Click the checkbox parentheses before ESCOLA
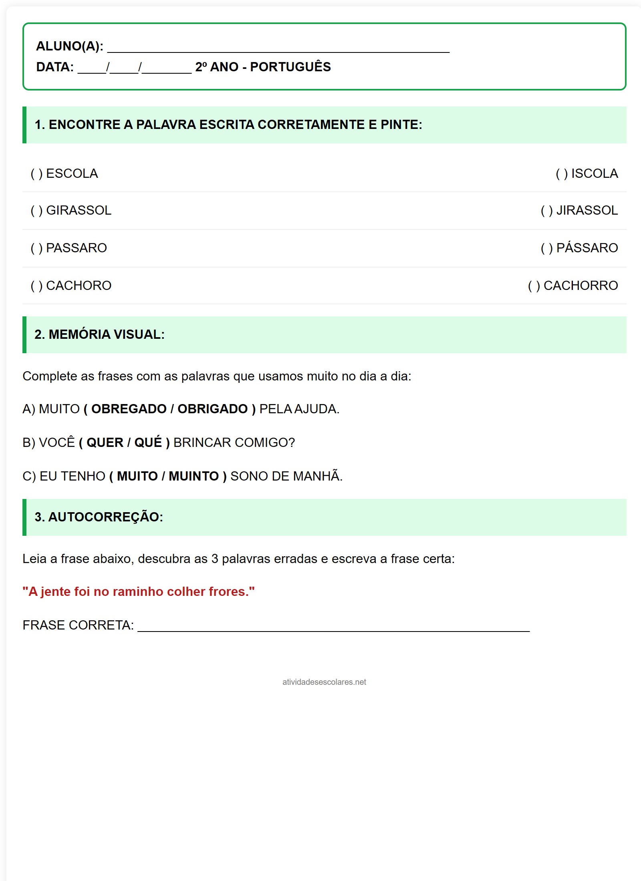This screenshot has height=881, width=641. [x=36, y=174]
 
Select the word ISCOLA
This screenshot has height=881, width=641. [x=595, y=174]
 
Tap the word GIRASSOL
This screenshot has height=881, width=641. [x=79, y=211]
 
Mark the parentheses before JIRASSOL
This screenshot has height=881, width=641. [x=547, y=211]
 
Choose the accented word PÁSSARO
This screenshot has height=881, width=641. [x=587, y=248]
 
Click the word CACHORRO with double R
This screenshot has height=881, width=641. [x=581, y=286]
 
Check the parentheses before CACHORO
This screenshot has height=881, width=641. [x=36, y=286]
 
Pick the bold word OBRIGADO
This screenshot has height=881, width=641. [x=213, y=409]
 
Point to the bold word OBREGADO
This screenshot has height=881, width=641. [x=129, y=409]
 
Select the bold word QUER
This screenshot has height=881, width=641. [x=105, y=443]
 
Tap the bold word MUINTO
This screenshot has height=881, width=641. [x=194, y=476]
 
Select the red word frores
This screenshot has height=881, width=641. [x=227, y=592]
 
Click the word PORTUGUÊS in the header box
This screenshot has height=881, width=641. [x=290, y=67]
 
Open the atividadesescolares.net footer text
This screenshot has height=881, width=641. [x=324, y=682]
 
